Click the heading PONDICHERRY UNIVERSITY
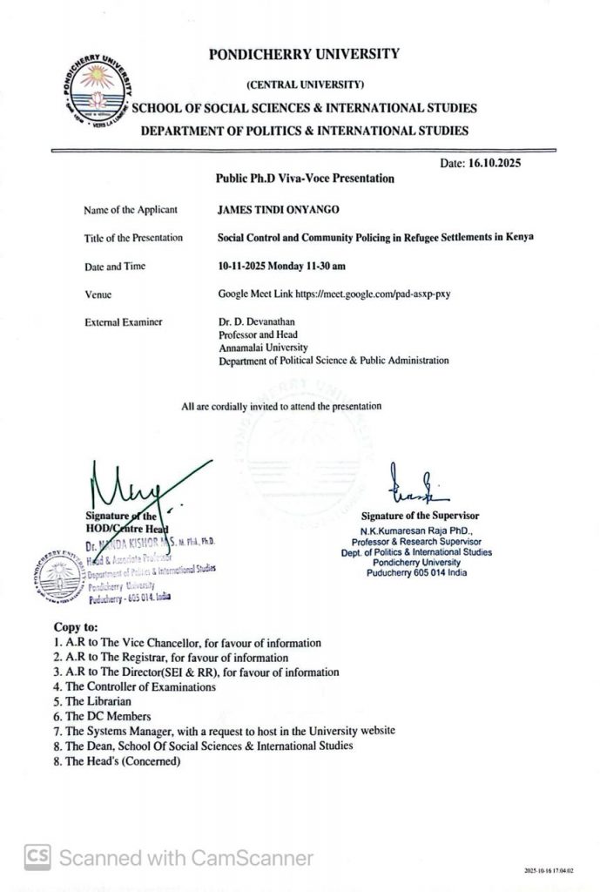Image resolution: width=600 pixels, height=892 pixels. point(304,54)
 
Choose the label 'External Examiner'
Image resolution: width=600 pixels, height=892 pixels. point(123,322)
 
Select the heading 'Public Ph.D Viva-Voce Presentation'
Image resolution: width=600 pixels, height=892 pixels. point(305,179)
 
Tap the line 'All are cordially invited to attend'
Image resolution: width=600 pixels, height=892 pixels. point(281,406)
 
